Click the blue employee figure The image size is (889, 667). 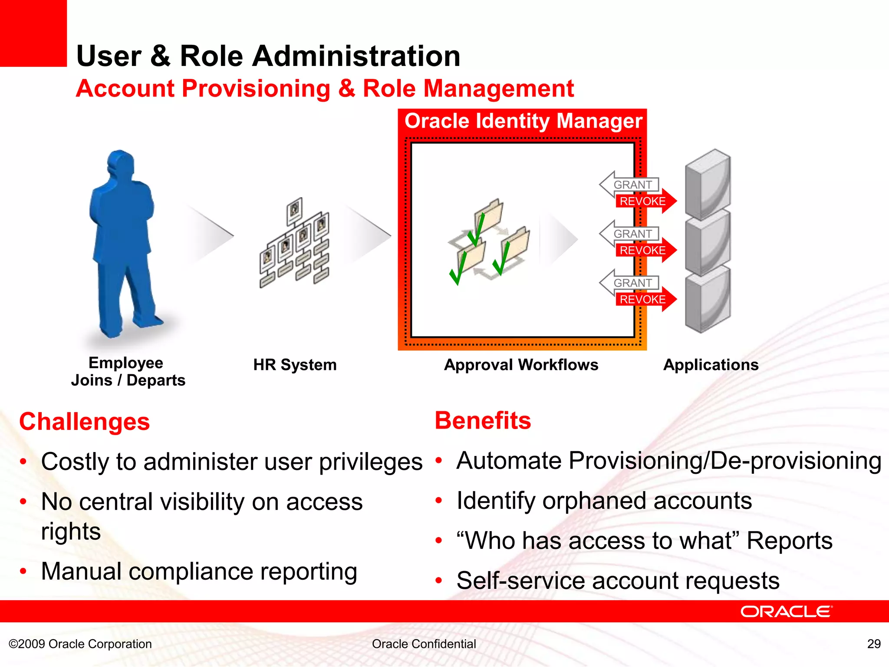click(x=124, y=243)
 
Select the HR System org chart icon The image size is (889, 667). click(x=295, y=243)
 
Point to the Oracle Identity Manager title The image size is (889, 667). click(x=523, y=121)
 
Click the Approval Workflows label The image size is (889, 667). click(x=521, y=365)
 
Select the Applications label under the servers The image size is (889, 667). click(x=711, y=365)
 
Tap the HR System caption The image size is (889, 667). click(x=295, y=365)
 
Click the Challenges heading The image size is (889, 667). click(x=85, y=422)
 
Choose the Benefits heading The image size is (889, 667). click(x=483, y=421)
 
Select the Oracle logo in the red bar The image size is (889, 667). click(x=786, y=611)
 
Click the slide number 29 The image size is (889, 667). click(x=874, y=644)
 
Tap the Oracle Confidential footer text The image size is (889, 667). click(x=424, y=644)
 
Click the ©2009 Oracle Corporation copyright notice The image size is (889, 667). click(x=80, y=644)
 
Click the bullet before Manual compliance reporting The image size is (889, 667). click(x=23, y=571)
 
